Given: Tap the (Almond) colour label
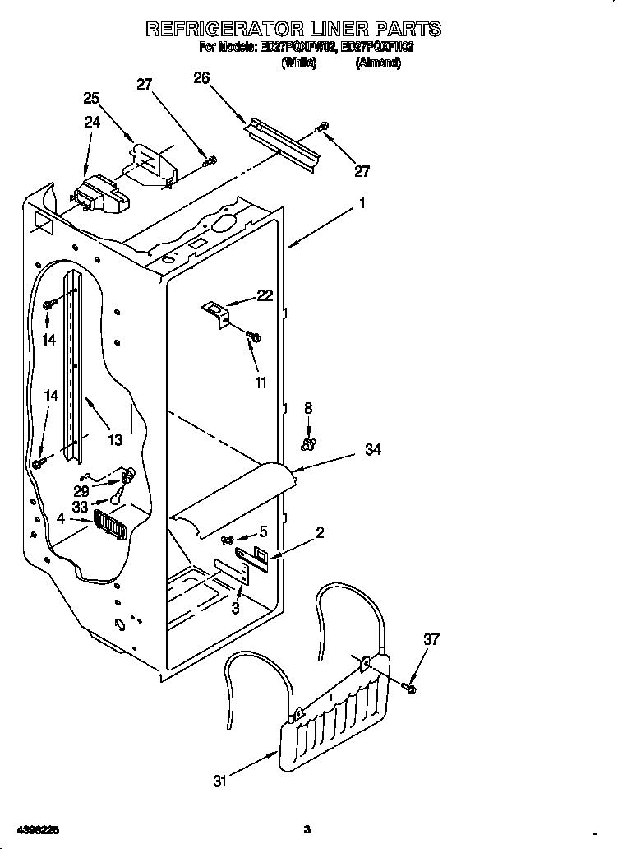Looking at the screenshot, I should tap(378, 63).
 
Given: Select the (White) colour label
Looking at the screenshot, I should tap(298, 63).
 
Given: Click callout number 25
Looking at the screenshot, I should tap(91, 98).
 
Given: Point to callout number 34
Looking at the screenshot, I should tap(373, 450).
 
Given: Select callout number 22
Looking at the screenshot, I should tap(265, 296).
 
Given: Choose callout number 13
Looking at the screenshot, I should tap(114, 440).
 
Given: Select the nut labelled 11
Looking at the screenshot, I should tap(255, 336).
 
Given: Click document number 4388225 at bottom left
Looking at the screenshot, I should tap(32, 828).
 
